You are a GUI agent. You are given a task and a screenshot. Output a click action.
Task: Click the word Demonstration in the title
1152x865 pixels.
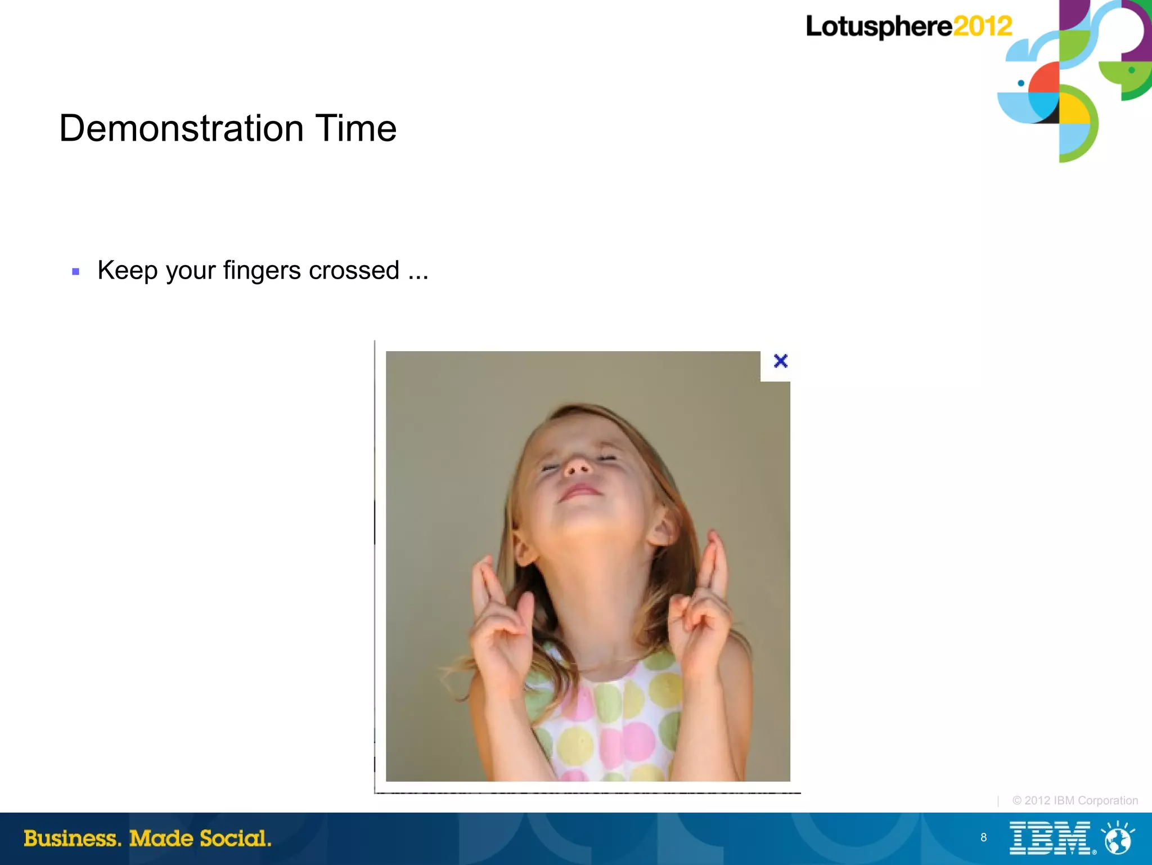[x=181, y=128]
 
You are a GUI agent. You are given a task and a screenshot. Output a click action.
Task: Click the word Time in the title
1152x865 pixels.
[x=355, y=128]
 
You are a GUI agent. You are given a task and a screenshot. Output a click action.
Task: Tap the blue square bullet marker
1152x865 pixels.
[x=76, y=272]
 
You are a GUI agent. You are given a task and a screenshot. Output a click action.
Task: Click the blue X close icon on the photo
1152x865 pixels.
[x=780, y=361]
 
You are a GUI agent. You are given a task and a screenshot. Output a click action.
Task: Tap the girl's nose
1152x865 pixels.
[x=578, y=467]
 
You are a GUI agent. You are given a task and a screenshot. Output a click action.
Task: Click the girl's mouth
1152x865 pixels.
[x=580, y=491]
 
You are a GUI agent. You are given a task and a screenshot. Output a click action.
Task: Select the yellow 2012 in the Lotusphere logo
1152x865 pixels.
[x=982, y=26]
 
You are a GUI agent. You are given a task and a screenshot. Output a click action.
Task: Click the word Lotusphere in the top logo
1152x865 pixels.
[x=879, y=27]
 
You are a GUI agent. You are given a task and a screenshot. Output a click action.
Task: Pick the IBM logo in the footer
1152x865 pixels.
[x=1050, y=838]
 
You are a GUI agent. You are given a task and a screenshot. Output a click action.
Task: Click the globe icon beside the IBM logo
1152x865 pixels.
[x=1118, y=839]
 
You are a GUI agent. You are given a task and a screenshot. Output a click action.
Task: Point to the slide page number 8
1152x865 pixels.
[x=983, y=837]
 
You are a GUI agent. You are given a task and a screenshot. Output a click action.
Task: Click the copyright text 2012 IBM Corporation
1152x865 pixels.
[x=1075, y=800]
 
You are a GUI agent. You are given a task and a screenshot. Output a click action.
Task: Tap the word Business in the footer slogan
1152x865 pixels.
[x=72, y=839]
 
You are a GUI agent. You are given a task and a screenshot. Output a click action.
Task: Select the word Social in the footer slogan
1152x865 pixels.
[x=235, y=839]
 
